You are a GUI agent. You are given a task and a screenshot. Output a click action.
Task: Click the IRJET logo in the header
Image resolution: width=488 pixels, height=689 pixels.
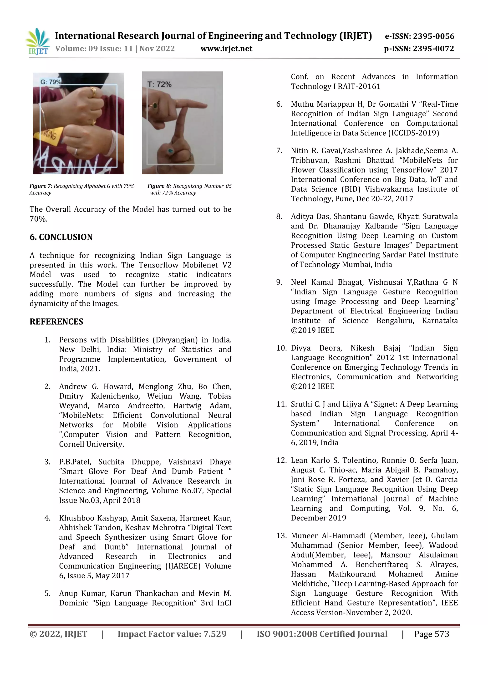click(38, 42)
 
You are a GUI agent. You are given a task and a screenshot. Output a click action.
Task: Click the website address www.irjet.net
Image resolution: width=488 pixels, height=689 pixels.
click(226, 49)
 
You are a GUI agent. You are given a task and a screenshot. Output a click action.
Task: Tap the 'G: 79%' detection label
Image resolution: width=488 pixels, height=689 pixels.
click(51, 82)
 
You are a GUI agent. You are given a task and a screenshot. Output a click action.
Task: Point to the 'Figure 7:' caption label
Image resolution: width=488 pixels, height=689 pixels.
click(41, 186)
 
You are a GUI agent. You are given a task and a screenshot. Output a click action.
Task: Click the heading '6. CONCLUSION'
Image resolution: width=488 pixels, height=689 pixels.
click(61, 237)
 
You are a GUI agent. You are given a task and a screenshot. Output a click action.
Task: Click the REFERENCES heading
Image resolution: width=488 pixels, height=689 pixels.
click(56, 322)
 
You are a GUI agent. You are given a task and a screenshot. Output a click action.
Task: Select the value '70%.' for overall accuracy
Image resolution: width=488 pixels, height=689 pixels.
click(38, 219)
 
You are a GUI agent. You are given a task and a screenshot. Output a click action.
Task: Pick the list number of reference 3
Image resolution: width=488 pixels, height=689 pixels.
click(47, 462)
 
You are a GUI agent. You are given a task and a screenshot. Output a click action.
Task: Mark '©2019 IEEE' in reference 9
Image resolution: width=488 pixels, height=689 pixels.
click(313, 330)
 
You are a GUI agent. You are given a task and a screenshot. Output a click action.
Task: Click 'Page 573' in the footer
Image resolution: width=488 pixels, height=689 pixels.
click(432, 634)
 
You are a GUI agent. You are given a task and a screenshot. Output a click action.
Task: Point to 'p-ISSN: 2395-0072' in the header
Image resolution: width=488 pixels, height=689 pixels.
click(419, 49)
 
